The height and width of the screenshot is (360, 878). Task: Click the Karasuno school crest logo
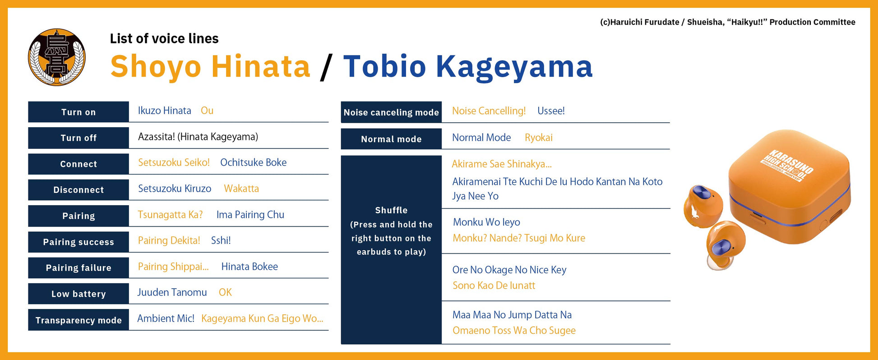click(57, 57)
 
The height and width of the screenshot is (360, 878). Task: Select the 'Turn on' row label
click(79, 112)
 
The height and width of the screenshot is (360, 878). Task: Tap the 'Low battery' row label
click(79, 294)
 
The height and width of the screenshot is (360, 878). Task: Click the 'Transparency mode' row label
click(79, 320)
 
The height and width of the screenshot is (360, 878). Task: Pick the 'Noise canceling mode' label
click(391, 112)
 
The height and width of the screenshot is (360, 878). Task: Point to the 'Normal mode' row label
click(391, 139)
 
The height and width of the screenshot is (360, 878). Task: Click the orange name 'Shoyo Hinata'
click(210, 66)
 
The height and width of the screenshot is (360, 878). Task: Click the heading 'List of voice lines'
click(164, 39)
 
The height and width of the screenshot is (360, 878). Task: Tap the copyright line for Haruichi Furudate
click(727, 22)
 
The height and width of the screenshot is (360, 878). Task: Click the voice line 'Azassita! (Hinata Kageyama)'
click(198, 137)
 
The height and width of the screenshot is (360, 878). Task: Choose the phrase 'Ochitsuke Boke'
click(253, 162)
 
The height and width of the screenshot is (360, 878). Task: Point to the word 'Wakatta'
click(241, 189)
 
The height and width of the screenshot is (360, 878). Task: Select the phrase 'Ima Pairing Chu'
click(250, 215)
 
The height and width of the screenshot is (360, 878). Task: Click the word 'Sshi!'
click(221, 240)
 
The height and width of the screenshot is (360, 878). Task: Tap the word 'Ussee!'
click(551, 111)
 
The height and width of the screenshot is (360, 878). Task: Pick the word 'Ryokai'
click(538, 138)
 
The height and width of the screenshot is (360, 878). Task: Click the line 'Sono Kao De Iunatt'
click(494, 286)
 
